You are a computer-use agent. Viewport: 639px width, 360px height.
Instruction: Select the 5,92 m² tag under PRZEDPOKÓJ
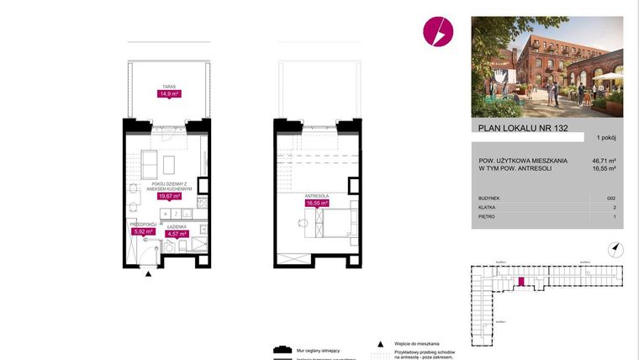[143, 231]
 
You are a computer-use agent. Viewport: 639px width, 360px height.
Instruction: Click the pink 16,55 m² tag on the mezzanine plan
[317, 203]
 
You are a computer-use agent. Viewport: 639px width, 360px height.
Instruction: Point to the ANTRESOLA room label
[316, 194]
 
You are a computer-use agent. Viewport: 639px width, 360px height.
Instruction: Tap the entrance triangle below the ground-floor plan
[149, 274]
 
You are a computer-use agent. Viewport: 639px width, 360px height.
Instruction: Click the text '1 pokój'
[606, 137]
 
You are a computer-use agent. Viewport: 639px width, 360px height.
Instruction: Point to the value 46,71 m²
[605, 161]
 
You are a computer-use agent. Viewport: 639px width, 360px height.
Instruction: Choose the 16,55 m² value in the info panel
[605, 169]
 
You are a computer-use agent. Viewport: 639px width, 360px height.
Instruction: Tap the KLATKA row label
[486, 207]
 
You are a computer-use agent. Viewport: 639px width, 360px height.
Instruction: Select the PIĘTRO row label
[485, 216]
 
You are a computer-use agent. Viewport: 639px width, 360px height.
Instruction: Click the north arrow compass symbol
[615, 247]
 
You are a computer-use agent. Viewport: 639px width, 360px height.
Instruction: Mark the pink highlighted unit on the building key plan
[521, 282]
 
